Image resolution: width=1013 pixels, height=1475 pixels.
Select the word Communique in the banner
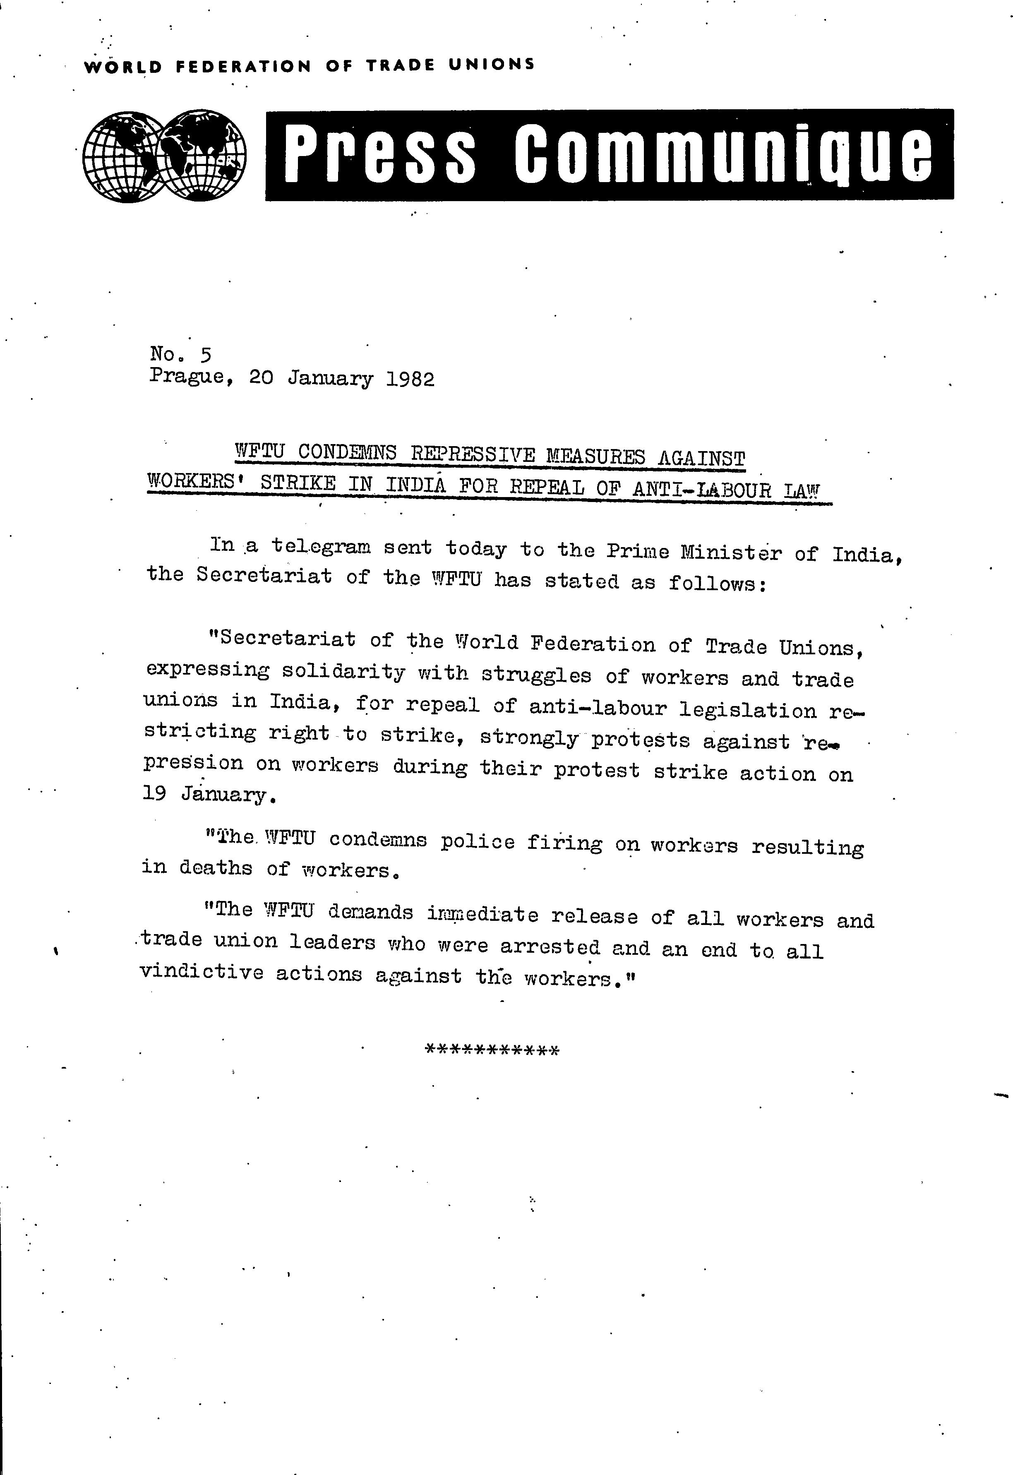(723, 154)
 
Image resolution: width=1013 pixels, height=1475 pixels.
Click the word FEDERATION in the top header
(243, 66)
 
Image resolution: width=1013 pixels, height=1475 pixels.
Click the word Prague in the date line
(187, 377)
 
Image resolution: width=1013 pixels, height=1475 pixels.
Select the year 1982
(410, 380)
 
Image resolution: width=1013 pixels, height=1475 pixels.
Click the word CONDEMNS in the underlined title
(347, 453)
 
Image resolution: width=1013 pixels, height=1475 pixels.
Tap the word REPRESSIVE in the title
(473, 455)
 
